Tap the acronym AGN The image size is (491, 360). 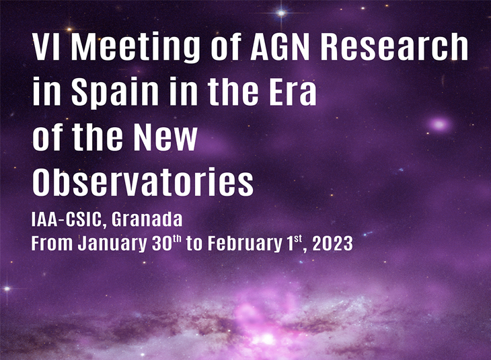pyautogui.click(x=280, y=47)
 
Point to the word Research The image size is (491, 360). pyautogui.click(x=394, y=46)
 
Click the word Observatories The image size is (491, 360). pyautogui.click(x=143, y=182)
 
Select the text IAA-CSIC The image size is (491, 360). pyautogui.click(x=67, y=219)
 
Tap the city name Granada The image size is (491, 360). pyautogui.click(x=147, y=219)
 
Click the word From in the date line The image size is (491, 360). pyautogui.click(x=52, y=243)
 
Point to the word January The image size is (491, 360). pyautogui.click(x=112, y=244)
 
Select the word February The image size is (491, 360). pyautogui.click(x=245, y=244)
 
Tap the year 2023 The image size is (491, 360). pyautogui.click(x=332, y=244)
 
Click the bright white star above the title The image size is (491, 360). pyautogui.click(x=281, y=13)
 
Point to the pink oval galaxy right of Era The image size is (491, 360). pyautogui.click(x=439, y=124)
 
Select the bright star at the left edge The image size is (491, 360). pyautogui.click(x=7, y=289)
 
